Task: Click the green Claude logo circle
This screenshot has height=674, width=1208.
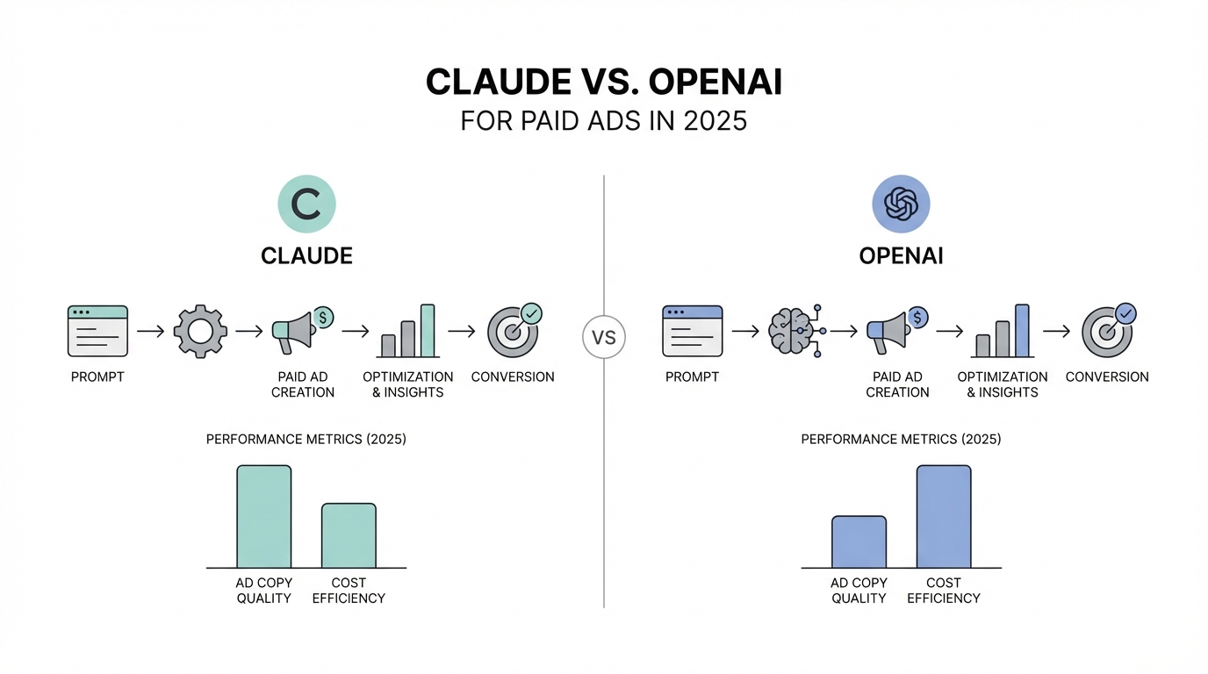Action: (x=307, y=204)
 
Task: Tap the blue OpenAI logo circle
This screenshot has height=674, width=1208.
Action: (x=901, y=204)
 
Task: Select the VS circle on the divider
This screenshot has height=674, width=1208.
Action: (x=604, y=337)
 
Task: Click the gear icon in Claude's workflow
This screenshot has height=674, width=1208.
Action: (x=200, y=331)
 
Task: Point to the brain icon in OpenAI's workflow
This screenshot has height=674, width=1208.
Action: (x=796, y=331)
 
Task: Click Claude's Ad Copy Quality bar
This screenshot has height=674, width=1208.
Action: (x=264, y=517)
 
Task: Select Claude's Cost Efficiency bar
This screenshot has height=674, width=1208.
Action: (x=349, y=535)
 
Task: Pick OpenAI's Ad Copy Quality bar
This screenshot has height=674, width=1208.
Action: (x=859, y=541)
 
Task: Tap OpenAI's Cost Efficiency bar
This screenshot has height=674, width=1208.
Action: (x=944, y=517)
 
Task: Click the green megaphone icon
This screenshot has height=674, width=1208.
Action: (x=294, y=332)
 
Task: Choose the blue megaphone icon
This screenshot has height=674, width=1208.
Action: (x=889, y=332)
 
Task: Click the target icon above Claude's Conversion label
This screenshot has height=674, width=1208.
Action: (x=513, y=332)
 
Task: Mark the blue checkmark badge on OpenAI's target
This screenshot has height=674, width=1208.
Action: (x=1125, y=314)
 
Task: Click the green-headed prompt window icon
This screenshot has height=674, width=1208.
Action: (x=97, y=331)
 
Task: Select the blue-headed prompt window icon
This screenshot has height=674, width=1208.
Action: (x=693, y=331)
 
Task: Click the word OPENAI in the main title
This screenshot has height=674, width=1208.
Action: (x=715, y=82)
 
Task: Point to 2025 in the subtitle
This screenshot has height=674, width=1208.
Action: (x=715, y=121)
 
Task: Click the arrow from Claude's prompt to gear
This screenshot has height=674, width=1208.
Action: (x=150, y=331)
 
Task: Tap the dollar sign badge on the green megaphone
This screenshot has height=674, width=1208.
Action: (x=324, y=317)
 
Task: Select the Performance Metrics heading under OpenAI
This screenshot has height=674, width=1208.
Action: (x=901, y=440)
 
